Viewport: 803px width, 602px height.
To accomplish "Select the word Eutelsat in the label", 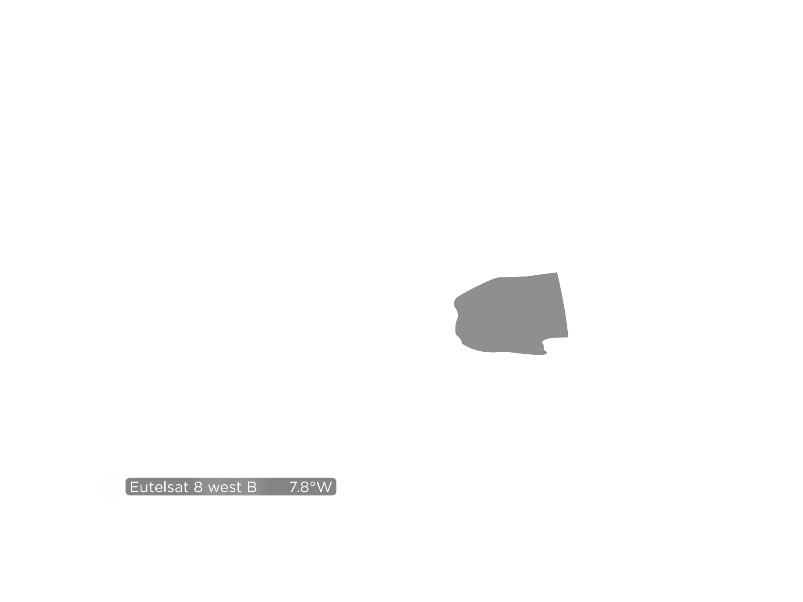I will point(159,487).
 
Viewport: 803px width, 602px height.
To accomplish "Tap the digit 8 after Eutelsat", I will point(198,487).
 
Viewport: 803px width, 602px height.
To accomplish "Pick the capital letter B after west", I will point(252,487).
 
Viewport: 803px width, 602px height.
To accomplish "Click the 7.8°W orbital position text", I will point(311,487).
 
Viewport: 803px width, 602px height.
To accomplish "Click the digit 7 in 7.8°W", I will point(294,487).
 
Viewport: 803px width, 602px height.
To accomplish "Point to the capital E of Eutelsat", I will point(134,487).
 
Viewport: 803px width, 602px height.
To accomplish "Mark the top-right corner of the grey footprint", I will point(557,273).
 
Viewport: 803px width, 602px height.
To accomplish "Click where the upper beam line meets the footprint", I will point(456,298).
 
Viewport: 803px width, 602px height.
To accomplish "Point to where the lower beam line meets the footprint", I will point(544,355).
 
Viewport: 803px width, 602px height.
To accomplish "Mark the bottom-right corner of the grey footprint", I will point(568,337).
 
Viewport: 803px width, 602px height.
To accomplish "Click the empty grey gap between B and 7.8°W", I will point(273,487).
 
